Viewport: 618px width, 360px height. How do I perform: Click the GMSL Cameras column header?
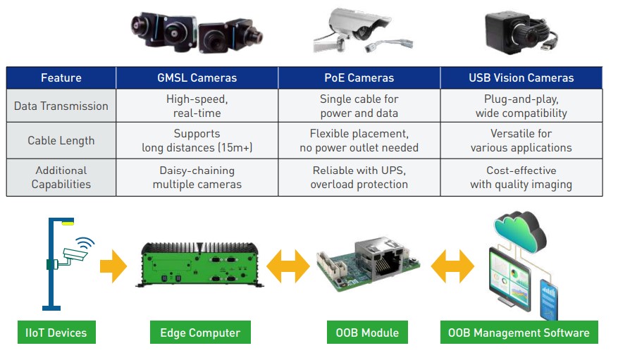point(197,77)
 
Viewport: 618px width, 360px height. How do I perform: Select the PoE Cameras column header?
point(359,77)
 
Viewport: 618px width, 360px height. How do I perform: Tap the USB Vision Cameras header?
point(521,77)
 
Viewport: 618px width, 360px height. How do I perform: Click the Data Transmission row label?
point(61,106)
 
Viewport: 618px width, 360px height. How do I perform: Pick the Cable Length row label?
point(61,141)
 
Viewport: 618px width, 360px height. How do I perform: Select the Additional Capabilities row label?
point(61,178)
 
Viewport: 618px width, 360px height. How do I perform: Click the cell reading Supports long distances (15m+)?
point(197,141)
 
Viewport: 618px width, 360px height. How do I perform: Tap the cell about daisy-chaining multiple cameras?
point(197,178)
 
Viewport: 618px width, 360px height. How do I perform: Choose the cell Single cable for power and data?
point(359,106)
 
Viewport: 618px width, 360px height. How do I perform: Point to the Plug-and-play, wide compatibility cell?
point(521,106)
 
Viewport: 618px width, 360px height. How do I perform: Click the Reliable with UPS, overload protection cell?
point(359,178)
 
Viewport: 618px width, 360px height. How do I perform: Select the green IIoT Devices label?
point(56,332)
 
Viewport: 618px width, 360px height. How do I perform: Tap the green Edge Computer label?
point(200,332)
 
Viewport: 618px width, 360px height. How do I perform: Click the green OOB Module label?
point(367,332)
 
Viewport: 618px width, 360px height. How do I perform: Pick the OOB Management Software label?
point(519,332)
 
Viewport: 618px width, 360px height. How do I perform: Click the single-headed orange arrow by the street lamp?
point(113,266)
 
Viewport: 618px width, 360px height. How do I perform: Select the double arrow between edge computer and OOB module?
point(288,266)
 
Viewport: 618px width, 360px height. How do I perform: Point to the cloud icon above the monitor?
point(519,232)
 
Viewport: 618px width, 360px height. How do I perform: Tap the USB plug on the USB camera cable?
point(547,45)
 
